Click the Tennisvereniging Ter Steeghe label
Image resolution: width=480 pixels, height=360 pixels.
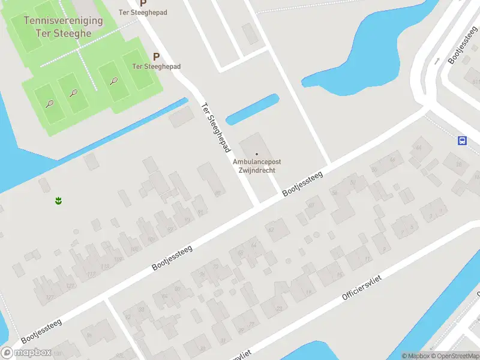pos(63,26)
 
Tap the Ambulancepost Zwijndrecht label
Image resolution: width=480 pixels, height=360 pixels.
pos(257,166)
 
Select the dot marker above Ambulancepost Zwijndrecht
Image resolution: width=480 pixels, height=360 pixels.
pos(257,154)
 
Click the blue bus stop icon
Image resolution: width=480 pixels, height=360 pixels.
pos(462,140)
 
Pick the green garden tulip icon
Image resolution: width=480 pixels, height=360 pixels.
pos(59,200)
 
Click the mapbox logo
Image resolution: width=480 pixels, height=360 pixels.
pos(26,352)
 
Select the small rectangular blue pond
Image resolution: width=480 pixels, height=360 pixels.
pos(252,109)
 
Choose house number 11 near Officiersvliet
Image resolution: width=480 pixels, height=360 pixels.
pos(367,259)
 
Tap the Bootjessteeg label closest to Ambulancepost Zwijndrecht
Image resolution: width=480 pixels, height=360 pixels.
pos(303,184)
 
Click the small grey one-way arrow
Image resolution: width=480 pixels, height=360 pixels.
pos(437,60)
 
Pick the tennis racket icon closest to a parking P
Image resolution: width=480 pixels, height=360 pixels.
pos(113,80)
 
